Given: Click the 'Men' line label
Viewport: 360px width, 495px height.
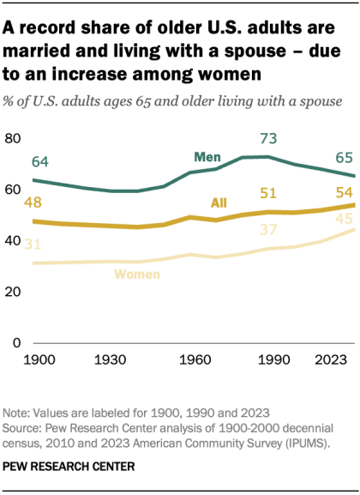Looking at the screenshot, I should [x=207, y=158].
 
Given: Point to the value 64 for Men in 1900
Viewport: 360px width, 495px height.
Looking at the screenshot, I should [x=39, y=161].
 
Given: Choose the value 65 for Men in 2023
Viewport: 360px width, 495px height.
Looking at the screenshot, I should [x=342, y=158].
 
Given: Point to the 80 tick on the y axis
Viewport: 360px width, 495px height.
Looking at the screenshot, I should [x=14, y=138].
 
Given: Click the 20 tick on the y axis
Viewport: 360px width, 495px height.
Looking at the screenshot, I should [x=14, y=292].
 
